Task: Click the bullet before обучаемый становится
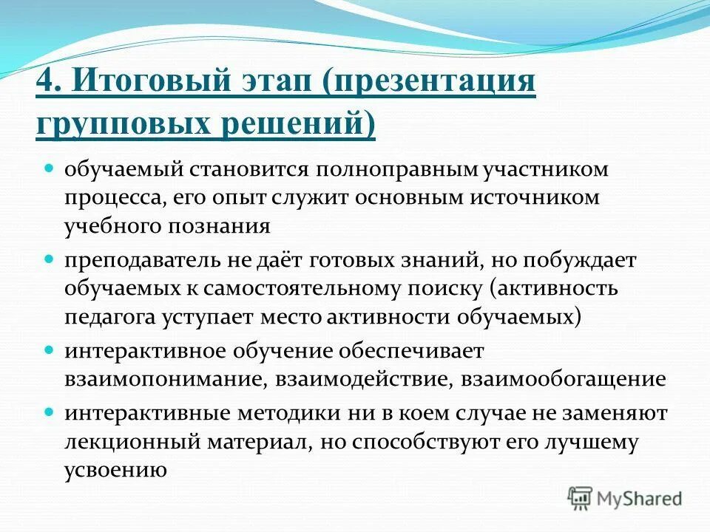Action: (50, 169)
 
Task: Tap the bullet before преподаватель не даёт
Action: (50, 260)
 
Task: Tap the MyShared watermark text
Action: (641, 499)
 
